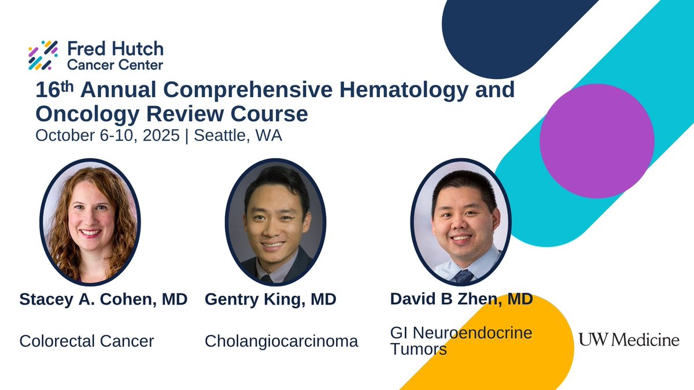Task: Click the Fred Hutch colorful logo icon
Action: [x=43, y=55]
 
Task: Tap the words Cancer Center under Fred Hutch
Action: [x=115, y=64]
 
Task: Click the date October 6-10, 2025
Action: [x=108, y=136]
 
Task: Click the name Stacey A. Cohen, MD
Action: [x=103, y=300]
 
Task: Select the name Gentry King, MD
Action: [x=270, y=300]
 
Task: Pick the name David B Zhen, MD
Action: [x=461, y=300]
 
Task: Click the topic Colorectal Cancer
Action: [x=87, y=341]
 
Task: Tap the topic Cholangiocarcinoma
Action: [x=281, y=341]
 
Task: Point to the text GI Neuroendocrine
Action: [x=461, y=333]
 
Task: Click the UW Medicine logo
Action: [x=629, y=340]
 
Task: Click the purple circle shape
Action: [x=596, y=141]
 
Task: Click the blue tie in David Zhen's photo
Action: [x=464, y=276]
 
